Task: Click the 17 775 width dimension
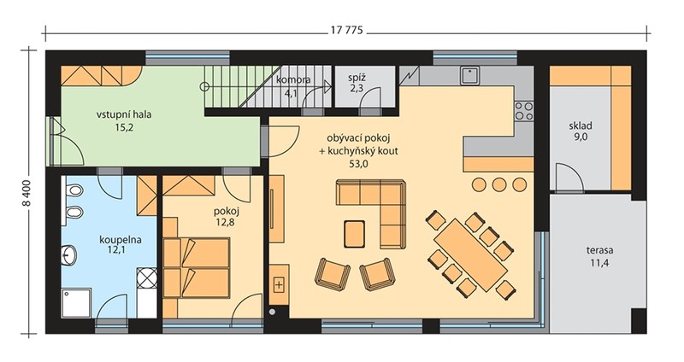click(347, 32)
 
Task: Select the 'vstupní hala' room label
click(124, 115)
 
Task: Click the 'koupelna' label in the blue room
click(121, 240)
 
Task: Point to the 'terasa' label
click(599, 250)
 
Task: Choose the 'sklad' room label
click(581, 126)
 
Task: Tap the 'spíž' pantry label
click(357, 79)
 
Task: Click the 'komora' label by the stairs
click(293, 79)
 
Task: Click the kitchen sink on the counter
click(469, 76)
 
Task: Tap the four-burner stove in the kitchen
click(524, 111)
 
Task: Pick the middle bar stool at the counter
click(499, 184)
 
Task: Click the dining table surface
click(471, 254)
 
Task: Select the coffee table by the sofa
click(354, 234)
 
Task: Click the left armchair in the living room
click(333, 274)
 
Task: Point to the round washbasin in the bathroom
click(68, 253)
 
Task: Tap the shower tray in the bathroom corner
click(76, 303)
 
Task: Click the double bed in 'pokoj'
click(198, 267)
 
